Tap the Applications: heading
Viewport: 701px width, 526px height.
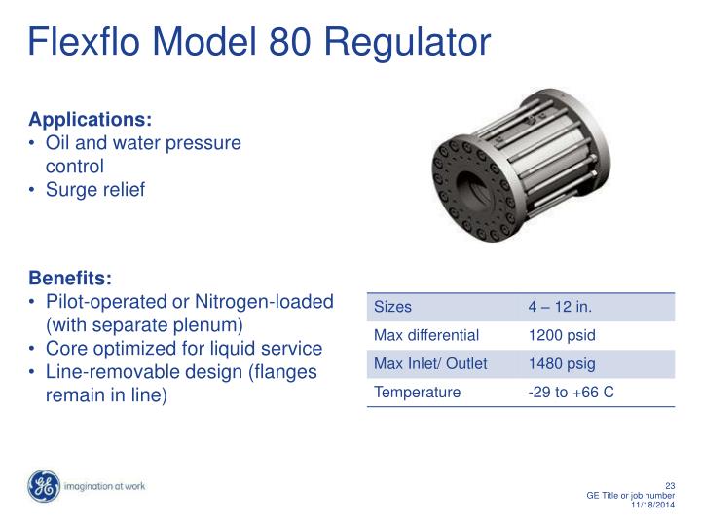[x=91, y=120]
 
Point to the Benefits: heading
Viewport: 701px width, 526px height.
[x=70, y=278]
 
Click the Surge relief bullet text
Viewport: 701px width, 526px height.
[x=95, y=190]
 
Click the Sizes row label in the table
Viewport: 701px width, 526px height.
[x=393, y=307]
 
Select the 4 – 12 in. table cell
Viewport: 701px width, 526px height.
[x=560, y=307]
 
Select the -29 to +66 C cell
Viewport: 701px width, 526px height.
[x=571, y=394]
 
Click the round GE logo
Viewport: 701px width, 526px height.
[x=44, y=486]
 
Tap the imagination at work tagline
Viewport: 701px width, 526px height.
[x=104, y=486]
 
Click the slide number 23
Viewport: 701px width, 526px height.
[x=669, y=486]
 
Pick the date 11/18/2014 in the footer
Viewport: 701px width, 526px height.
[x=653, y=506]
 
